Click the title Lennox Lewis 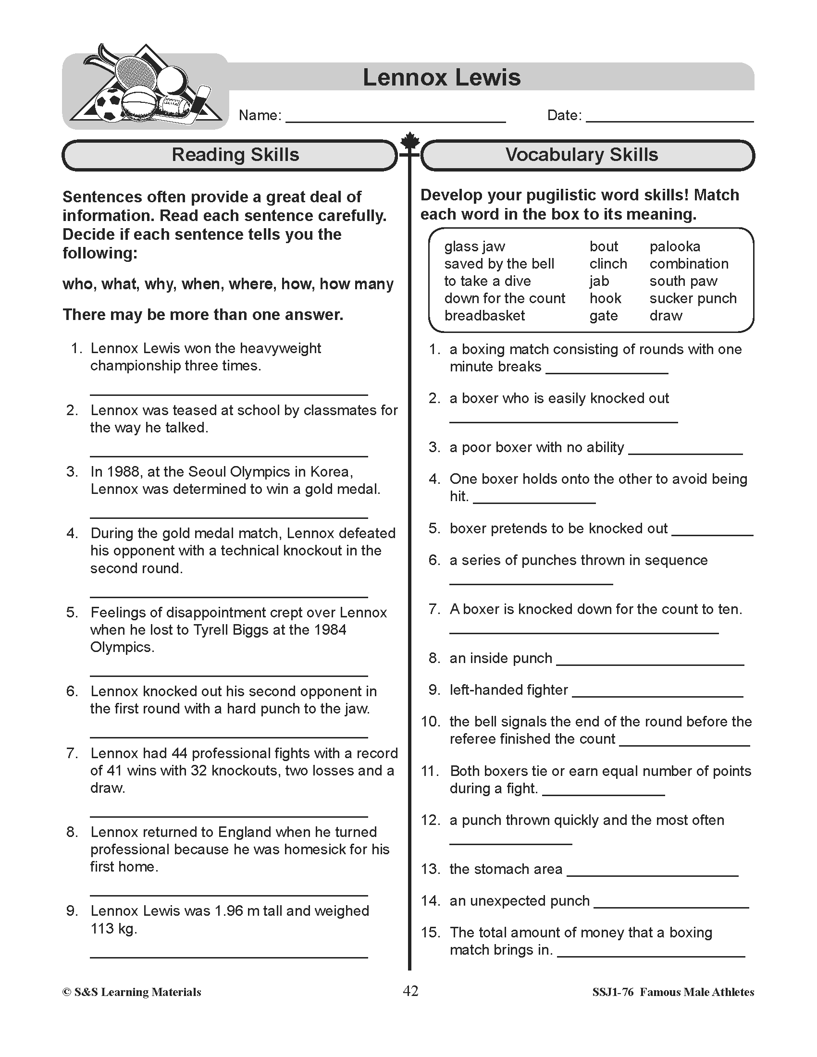pyautogui.click(x=441, y=77)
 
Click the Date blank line pyautogui.click(x=670, y=120)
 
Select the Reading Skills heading pyautogui.click(x=235, y=155)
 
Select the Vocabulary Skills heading pyautogui.click(x=582, y=155)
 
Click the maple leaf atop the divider pyautogui.click(x=409, y=141)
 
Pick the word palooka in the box pyautogui.click(x=675, y=246)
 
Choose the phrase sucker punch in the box pyautogui.click(x=693, y=298)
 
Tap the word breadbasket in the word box pyautogui.click(x=484, y=316)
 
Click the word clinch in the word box pyautogui.click(x=608, y=264)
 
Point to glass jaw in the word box pyautogui.click(x=474, y=246)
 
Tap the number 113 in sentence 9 pyautogui.click(x=101, y=928)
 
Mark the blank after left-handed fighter pyautogui.click(x=657, y=695)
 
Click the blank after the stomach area pyautogui.click(x=652, y=874)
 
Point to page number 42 pyautogui.click(x=410, y=991)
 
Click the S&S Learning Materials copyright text pyautogui.click(x=132, y=992)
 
